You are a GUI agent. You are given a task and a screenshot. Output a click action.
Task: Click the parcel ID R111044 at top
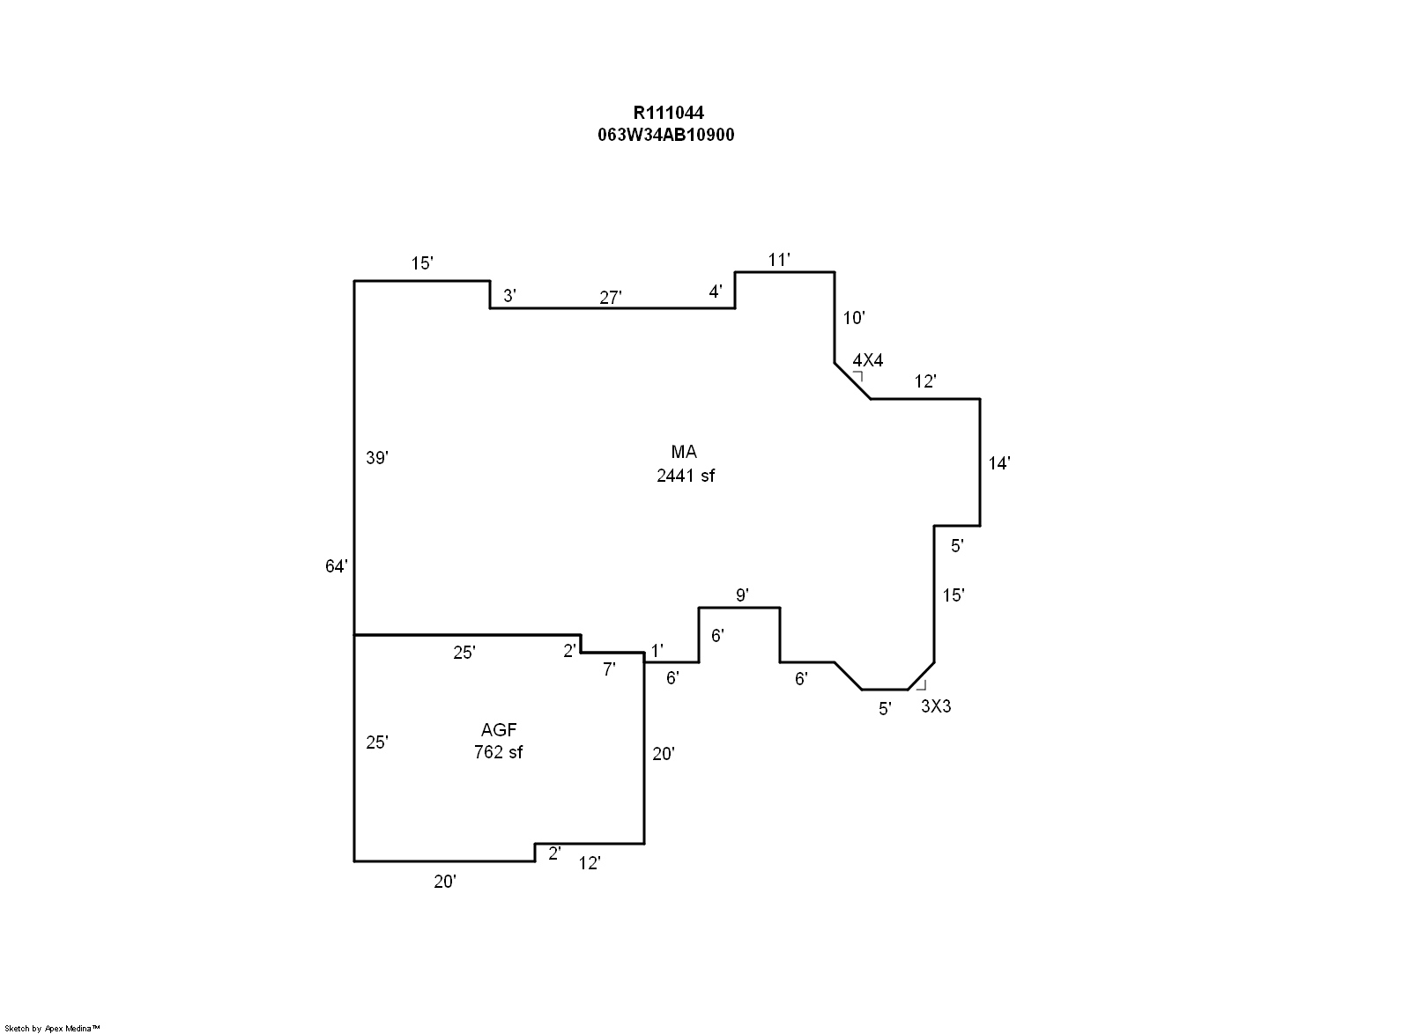point(668,113)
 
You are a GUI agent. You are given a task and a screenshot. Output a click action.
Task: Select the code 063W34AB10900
point(666,135)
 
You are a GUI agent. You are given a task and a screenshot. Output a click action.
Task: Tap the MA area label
point(684,452)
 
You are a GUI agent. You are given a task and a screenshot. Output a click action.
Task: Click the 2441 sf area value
point(685,476)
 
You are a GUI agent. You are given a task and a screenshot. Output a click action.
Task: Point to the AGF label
point(498,729)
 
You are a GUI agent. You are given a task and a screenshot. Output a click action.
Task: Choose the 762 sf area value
point(498,752)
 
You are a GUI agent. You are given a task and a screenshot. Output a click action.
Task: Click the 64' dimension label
point(337,566)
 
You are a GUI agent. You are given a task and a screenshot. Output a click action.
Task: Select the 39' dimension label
point(377,458)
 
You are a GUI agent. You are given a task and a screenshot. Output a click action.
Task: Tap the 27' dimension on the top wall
point(611,298)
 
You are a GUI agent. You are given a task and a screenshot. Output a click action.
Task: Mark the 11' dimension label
point(779,260)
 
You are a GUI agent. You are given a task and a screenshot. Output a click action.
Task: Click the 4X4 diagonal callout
point(868,360)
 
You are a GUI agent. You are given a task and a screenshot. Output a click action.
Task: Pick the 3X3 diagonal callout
point(936,706)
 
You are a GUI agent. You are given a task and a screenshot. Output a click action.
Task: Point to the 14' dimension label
point(999,463)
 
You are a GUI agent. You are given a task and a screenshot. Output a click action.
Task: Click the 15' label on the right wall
point(954,595)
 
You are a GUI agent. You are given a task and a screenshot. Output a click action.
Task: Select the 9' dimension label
point(742,595)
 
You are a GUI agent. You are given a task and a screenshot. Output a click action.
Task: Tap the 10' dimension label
point(854,318)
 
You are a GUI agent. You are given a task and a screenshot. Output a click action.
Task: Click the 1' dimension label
point(657,651)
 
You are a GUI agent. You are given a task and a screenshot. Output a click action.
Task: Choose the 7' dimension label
point(609,669)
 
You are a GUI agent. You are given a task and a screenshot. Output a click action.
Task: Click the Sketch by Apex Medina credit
point(53,1028)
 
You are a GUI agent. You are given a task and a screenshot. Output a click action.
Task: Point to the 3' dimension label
point(508,296)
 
